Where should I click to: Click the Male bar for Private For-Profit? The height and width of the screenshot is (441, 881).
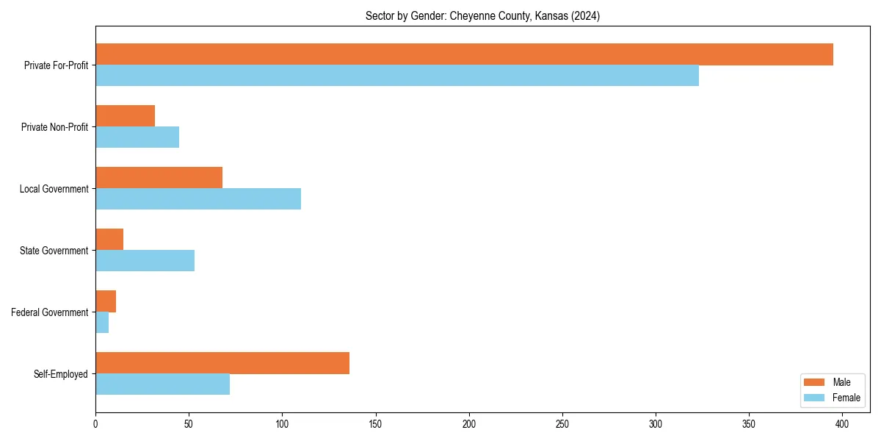pos(464,54)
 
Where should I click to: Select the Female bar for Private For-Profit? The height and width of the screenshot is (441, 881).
pos(397,76)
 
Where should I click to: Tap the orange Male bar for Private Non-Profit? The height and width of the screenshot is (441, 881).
pos(125,116)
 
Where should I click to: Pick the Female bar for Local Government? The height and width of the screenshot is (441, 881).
pos(198,199)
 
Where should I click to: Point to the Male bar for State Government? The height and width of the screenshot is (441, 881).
pos(109,240)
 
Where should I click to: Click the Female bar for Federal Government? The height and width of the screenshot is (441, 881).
pos(102,323)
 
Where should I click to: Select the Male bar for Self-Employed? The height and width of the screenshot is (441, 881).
pos(222,363)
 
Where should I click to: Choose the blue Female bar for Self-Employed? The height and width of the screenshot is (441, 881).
pos(162,384)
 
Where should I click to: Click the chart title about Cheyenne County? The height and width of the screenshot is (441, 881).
pos(482,16)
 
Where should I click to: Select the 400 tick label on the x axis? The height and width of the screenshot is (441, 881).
pos(842,424)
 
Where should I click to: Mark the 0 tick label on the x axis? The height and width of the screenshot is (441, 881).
pos(95,424)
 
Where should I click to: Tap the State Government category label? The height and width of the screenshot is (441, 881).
pos(54,251)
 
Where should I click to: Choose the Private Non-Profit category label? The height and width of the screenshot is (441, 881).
pos(54,127)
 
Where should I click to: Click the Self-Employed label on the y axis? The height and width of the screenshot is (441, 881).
pos(60,374)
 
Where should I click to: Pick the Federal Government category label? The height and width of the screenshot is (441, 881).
pos(49,312)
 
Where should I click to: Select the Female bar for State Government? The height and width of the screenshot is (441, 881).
pos(145,261)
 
